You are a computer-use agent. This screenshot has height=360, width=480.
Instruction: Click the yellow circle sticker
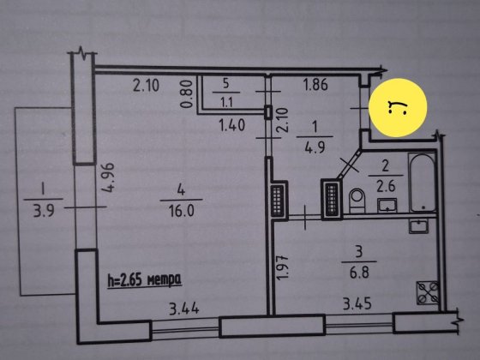398,107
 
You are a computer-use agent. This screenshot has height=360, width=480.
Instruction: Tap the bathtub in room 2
422,183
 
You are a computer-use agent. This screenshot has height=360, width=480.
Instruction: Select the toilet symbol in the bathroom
357,201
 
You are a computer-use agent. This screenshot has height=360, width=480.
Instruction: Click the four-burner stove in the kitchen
428,292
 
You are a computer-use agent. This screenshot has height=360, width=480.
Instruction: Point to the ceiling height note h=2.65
145,280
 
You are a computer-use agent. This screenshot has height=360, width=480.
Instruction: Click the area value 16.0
182,211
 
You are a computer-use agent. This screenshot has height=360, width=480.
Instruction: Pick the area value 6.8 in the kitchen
359,273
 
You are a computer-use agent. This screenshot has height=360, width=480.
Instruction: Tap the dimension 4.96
109,177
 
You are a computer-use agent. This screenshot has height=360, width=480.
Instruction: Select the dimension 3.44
184,309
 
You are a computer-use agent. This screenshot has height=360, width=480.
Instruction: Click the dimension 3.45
357,304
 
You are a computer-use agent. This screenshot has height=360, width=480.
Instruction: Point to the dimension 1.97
283,267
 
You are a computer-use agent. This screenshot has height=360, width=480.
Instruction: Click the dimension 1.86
315,85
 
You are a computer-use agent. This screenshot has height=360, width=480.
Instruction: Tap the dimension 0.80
186,94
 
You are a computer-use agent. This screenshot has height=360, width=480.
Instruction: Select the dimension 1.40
232,125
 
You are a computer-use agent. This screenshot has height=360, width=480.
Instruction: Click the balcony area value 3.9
44,211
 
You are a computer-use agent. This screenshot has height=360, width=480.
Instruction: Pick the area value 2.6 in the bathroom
386,186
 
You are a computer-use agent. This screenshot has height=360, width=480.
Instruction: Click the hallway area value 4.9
315,147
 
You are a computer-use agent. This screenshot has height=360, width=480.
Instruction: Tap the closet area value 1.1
226,103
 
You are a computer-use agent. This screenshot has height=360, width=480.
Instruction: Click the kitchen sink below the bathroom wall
419,226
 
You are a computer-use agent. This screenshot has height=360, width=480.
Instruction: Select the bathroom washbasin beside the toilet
387,205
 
